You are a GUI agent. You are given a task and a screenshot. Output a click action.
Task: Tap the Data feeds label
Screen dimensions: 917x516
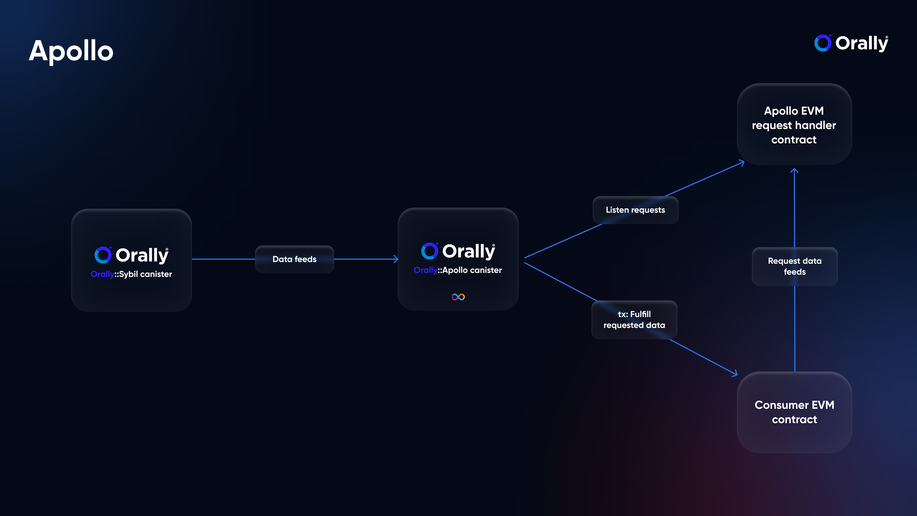click(294, 259)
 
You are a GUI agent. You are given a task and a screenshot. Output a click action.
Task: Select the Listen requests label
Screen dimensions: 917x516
click(635, 210)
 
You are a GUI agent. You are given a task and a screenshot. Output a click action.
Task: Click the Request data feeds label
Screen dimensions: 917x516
click(794, 266)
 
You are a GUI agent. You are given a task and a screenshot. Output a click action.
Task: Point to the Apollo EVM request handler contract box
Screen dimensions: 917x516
click(794, 124)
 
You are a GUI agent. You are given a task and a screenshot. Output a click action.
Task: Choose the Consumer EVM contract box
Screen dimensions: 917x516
click(794, 412)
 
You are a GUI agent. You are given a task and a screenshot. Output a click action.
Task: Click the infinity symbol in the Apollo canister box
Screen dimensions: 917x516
click(458, 297)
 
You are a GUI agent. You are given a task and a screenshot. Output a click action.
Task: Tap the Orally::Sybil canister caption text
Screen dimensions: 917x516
click(131, 274)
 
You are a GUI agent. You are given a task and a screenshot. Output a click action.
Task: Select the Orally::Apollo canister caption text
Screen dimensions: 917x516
click(458, 270)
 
